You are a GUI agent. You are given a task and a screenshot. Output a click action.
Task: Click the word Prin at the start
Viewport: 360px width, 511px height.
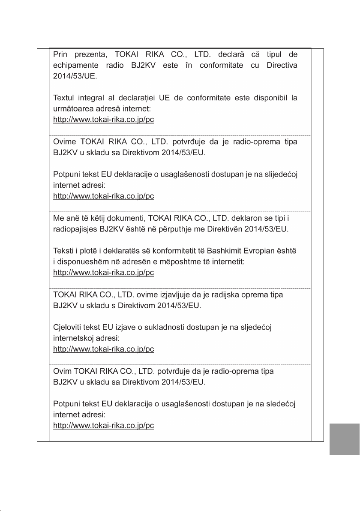60,55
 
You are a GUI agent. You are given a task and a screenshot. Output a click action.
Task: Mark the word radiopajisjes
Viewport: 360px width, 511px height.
76,229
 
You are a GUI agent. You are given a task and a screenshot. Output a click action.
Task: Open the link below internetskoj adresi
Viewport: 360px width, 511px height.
103,349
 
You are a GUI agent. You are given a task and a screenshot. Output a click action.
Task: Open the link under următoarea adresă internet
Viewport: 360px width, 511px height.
103,120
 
